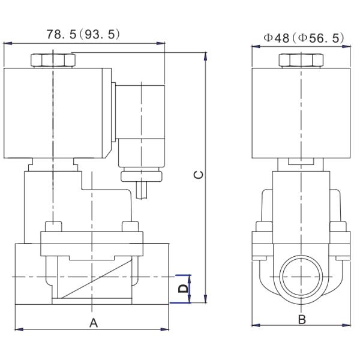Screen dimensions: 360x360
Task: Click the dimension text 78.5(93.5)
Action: tap(83, 34)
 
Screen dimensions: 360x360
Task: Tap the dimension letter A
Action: tap(93, 323)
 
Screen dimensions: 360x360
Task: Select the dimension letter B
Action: tap(302, 320)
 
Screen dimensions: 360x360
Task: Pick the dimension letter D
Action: tap(184, 289)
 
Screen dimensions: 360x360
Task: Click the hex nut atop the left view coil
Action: tap(53, 61)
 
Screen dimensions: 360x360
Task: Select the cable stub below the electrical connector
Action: tap(142, 191)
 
